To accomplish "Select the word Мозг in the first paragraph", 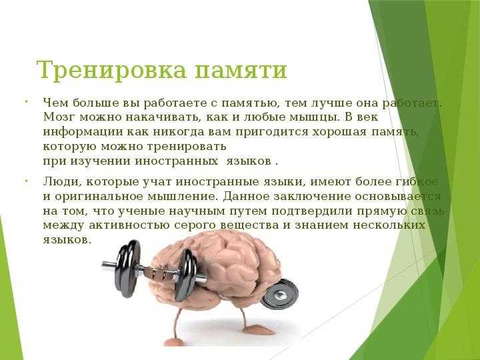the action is [x=59, y=117].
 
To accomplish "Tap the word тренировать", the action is [x=187, y=147].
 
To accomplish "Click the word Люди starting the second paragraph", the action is [x=62, y=182].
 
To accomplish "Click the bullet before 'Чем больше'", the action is [x=27, y=102].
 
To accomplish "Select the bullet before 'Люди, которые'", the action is [x=27, y=181].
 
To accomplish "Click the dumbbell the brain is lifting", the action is [x=154, y=270].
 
